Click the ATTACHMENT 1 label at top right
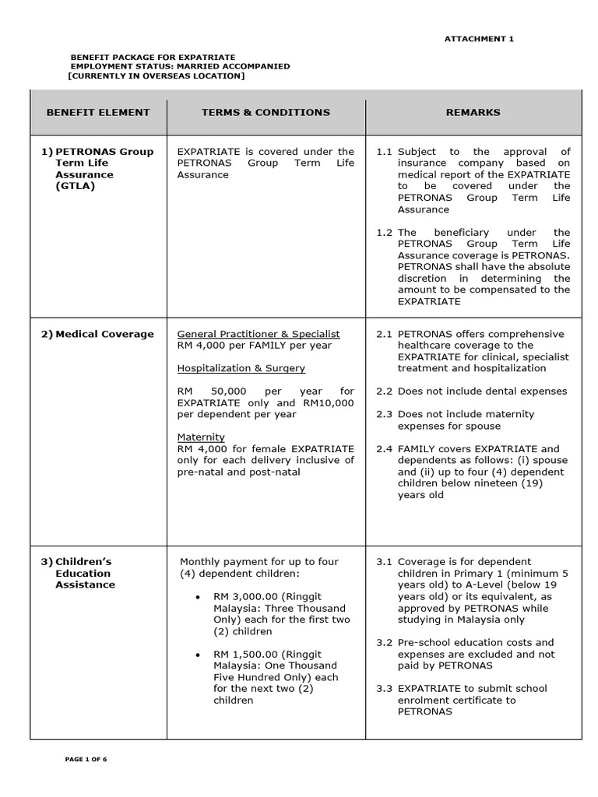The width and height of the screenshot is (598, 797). click(479, 38)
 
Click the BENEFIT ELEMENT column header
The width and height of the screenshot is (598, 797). click(98, 112)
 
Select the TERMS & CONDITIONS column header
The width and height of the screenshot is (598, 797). click(266, 112)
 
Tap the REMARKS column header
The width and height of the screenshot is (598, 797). click(473, 112)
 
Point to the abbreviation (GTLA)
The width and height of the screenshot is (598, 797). click(75, 186)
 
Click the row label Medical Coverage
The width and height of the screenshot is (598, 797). click(104, 334)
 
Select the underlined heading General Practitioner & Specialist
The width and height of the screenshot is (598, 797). click(259, 334)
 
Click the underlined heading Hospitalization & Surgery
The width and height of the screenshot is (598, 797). click(241, 368)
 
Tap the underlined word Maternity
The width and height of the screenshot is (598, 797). click(201, 437)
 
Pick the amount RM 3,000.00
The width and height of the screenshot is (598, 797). click(244, 596)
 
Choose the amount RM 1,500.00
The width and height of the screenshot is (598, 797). click(244, 654)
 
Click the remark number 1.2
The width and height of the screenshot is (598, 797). click(384, 232)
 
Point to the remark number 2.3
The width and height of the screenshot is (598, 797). click(384, 414)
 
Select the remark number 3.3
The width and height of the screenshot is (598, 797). click(384, 688)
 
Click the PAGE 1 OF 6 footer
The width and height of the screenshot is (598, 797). click(86, 759)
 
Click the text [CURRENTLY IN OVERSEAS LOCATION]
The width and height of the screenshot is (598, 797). click(156, 76)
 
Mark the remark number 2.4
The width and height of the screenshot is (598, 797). click(384, 448)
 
